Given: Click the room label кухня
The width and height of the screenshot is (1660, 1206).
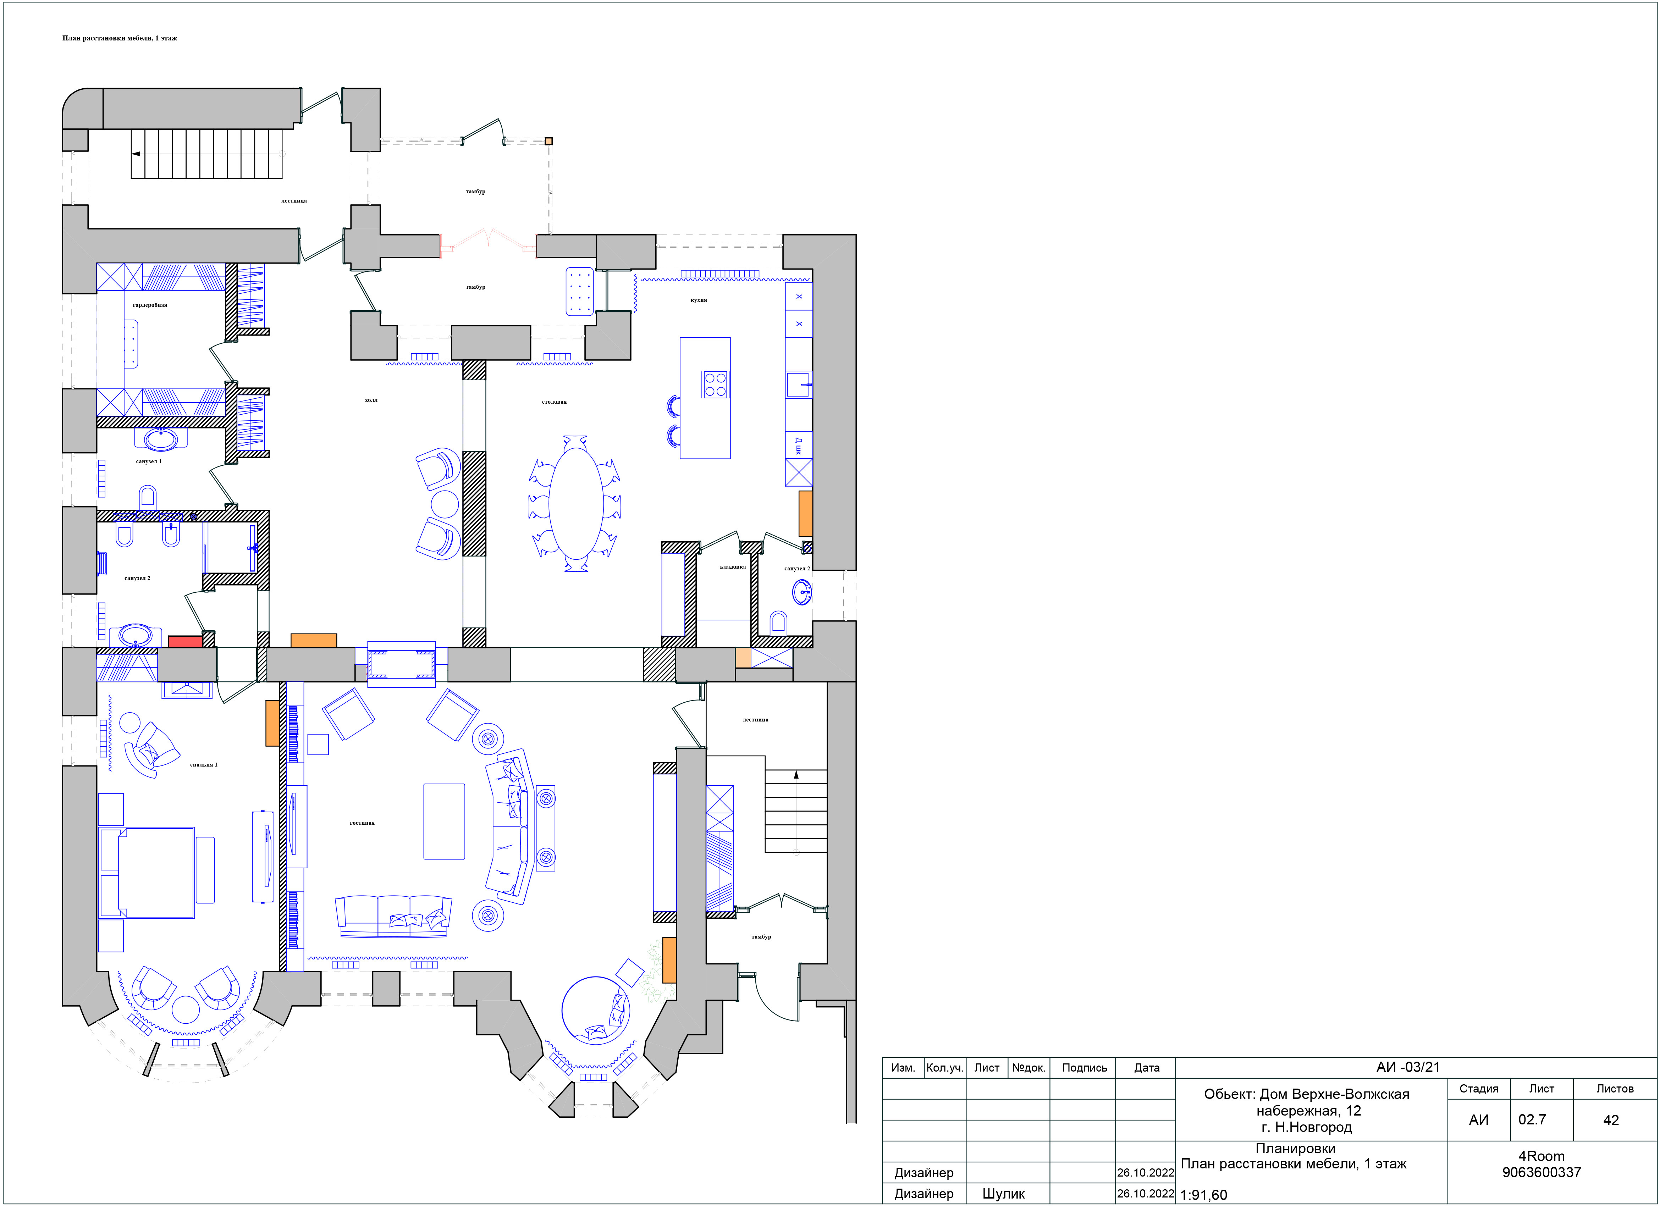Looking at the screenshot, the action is (x=698, y=300).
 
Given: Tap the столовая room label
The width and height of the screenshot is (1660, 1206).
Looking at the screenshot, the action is (x=554, y=402).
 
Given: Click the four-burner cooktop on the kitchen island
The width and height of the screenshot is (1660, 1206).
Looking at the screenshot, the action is (x=715, y=385).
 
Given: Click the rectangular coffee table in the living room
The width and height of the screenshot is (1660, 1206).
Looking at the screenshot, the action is (x=444, y=821).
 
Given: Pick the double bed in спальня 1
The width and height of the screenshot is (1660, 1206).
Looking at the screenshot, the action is (x=147, y=872).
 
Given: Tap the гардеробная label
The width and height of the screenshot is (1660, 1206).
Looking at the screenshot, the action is (x=150, y=305).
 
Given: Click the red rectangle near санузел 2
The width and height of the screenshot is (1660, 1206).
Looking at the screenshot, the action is (x=185, y=642).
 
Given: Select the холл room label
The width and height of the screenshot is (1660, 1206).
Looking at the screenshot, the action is (x=371, y=400).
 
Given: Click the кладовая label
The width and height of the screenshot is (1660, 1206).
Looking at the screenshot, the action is (x=733, y=567).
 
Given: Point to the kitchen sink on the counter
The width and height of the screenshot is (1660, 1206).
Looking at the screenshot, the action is (x=799, y=384).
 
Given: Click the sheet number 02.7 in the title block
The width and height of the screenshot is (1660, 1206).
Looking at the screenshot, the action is (x=1532, y=1120).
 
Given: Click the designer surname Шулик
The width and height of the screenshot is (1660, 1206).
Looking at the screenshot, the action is (x=1003, y=1194).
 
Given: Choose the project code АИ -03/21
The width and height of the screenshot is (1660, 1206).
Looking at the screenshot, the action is (x=1407, y=1067).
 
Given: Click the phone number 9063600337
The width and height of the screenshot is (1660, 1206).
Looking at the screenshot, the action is (x=1542, y=1172).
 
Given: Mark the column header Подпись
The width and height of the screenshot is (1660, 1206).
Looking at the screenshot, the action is (x=1084, y=1068).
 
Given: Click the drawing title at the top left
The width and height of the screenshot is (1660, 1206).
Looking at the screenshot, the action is (x=119, y=38).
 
